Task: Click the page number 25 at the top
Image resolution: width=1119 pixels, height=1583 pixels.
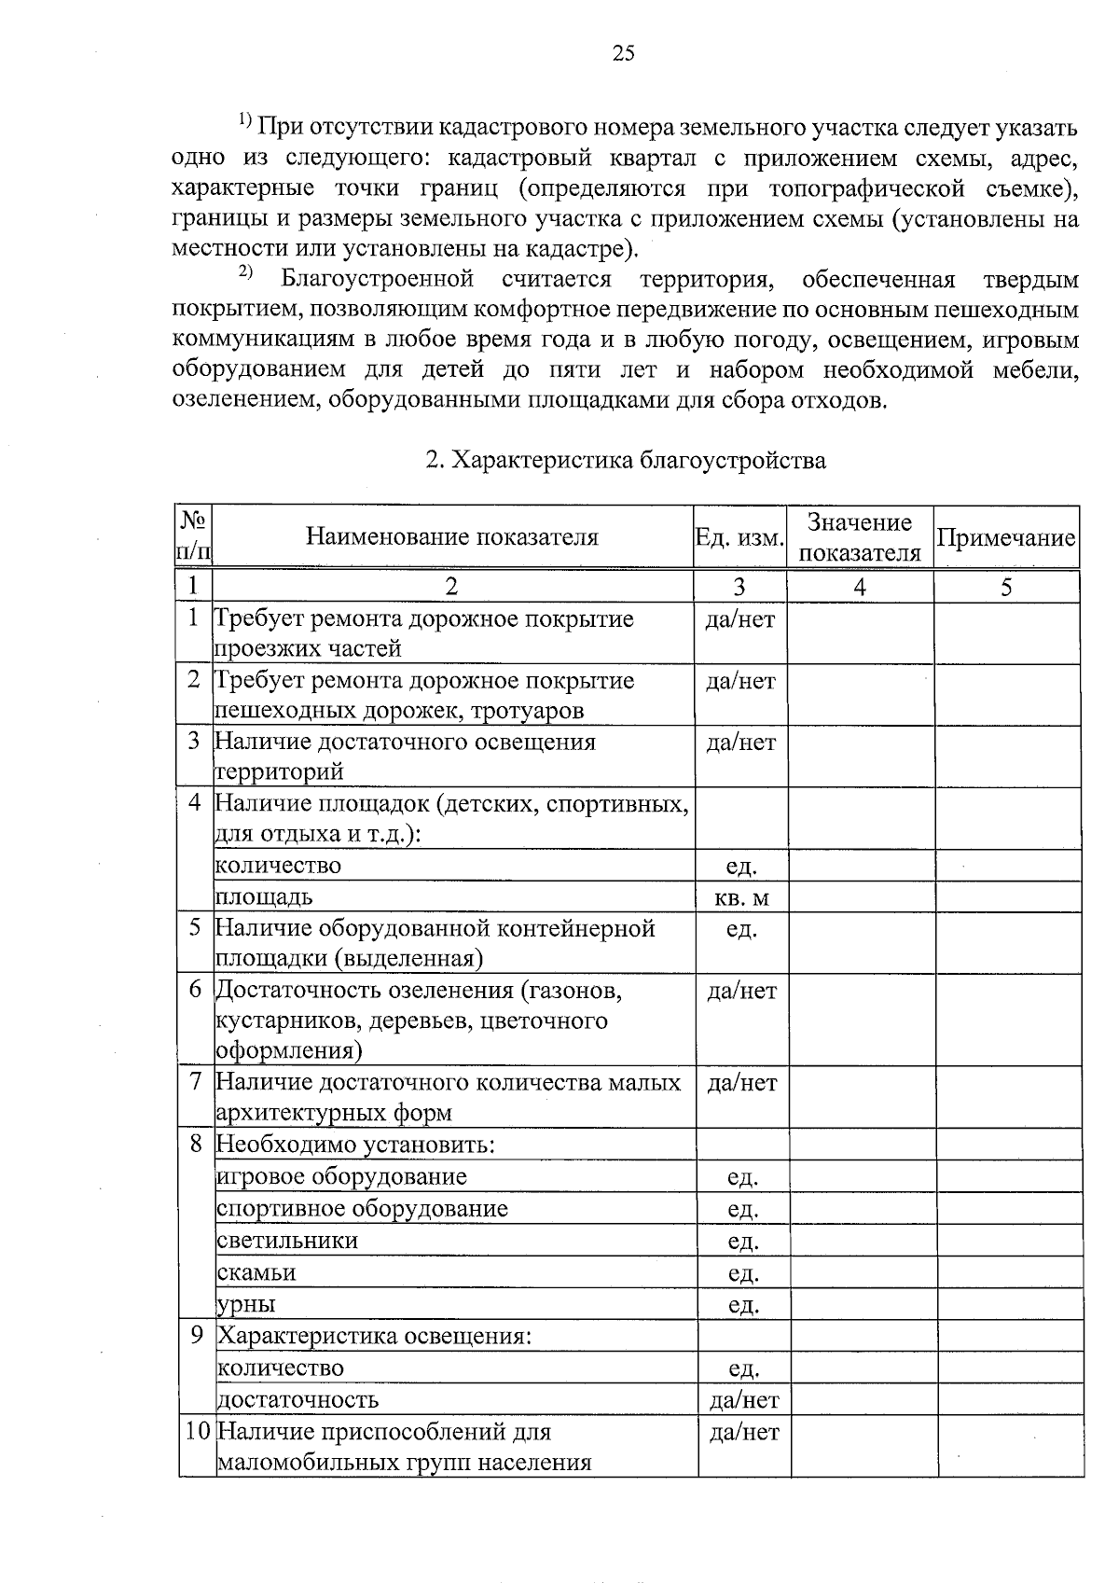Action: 623,53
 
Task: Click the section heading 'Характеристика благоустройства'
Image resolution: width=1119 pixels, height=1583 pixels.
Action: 626,461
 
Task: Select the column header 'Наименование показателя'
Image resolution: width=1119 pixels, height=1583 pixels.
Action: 452,537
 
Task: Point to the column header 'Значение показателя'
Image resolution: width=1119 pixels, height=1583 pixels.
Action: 859,537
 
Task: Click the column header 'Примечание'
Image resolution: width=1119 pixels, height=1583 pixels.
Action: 1005,538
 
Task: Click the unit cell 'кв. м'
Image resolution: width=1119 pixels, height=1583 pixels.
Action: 741,898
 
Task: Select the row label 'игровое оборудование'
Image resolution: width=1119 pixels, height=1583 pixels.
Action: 341,1177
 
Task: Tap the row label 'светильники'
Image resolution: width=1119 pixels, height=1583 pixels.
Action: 287,1241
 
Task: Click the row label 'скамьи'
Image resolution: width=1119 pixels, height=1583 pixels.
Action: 256,1272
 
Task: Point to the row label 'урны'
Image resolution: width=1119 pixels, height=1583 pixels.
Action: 246,1304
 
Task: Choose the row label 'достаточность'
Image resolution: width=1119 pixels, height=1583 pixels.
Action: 297,1399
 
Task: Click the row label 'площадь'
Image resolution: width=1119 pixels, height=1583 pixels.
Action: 264,897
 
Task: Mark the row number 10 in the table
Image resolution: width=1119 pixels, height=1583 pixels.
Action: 197,1431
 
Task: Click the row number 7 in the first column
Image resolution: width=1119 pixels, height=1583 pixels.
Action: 195,1082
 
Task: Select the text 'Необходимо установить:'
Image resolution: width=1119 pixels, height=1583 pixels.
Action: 354,1145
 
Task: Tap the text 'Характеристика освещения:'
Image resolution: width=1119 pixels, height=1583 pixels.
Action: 374,1336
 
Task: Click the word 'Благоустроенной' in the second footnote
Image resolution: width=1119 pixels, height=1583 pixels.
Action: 377,279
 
